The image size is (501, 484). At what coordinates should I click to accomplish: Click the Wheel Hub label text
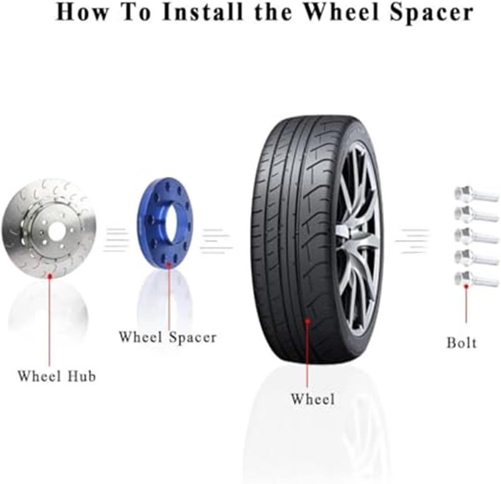[x=56, y=376]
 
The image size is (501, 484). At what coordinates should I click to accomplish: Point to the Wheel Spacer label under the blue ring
[x=167, y=337]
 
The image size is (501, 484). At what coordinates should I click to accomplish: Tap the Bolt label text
[x=461, y=343]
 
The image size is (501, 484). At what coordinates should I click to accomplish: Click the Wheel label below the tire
[x=312, y=399]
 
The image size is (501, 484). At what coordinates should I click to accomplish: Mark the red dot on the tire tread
[x=307, y=322]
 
